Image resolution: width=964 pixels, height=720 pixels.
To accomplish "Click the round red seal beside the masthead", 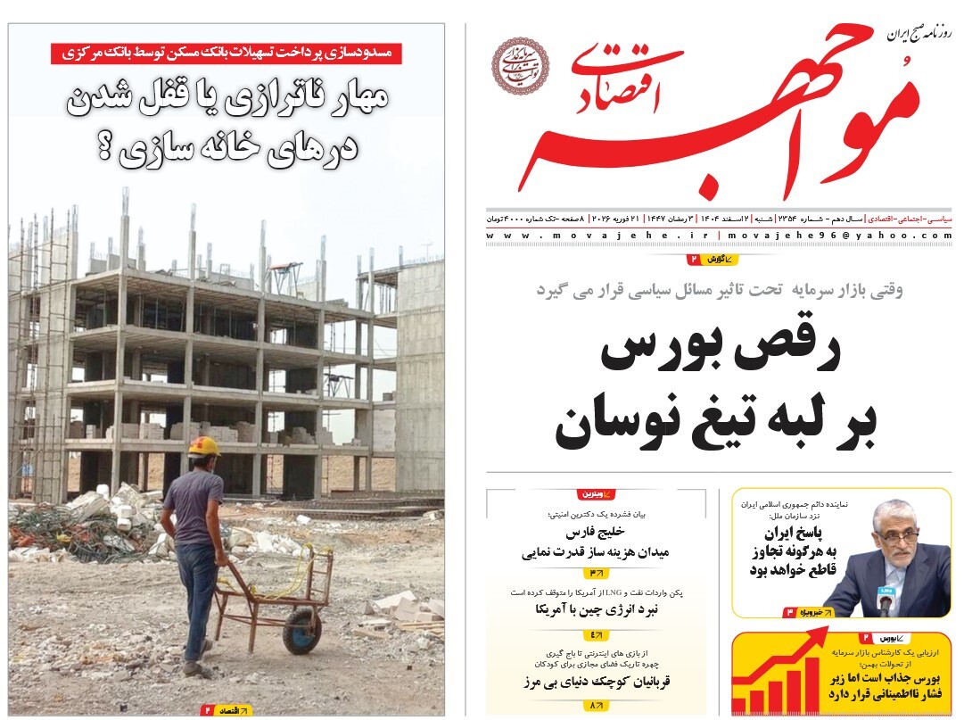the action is pyautogui.click(x=521, y=65).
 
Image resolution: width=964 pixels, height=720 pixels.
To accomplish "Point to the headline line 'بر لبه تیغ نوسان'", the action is pyautogui.click(x=715, y=426).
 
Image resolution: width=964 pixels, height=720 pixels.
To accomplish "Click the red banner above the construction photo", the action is pyautogui.click(x=226, y=53).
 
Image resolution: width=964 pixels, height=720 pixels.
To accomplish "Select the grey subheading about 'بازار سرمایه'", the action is pyautogui.click(x=720, y=289).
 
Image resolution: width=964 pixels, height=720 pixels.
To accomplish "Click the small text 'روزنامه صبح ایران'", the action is pyautogui.click(x=919, y=36).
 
